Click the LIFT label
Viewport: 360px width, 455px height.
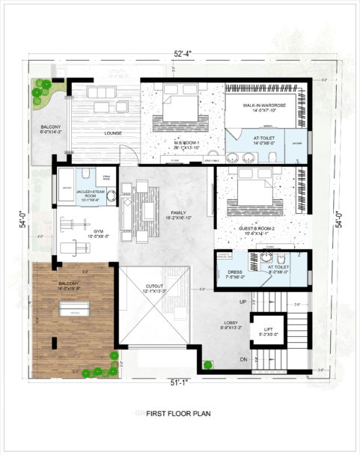coord(269,330)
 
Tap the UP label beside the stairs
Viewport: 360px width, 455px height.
coord(242,302)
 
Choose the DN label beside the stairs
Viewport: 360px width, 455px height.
coord(242,358)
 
